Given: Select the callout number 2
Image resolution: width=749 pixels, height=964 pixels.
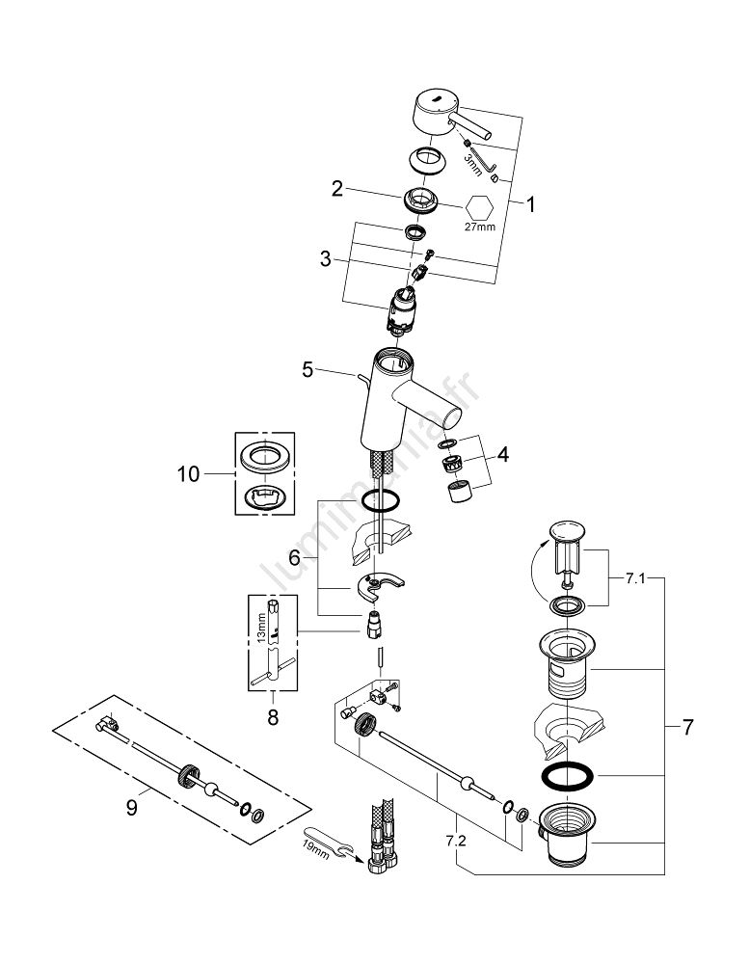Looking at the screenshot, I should click(x=337, y=189).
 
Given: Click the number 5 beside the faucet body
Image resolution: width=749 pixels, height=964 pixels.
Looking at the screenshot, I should click(x=308, y=367).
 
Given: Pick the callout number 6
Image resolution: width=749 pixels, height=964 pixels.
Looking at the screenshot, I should click(x=296, y=557).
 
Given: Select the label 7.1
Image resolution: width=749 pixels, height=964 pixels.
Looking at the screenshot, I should click(x=634, y=579).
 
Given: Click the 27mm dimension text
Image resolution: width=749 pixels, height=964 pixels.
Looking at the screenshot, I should click(x=479, y=228).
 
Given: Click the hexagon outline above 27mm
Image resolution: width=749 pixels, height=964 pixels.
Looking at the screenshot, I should click(x=479, y=206).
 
